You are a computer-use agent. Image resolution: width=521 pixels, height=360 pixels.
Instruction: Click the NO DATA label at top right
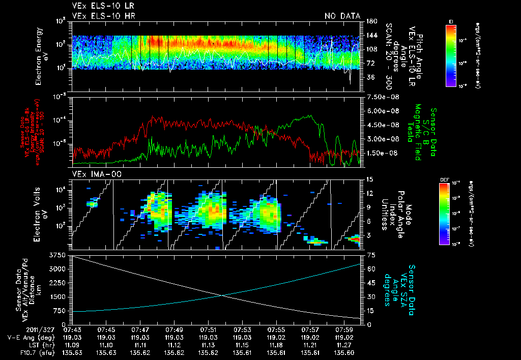[x=342, y=16]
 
